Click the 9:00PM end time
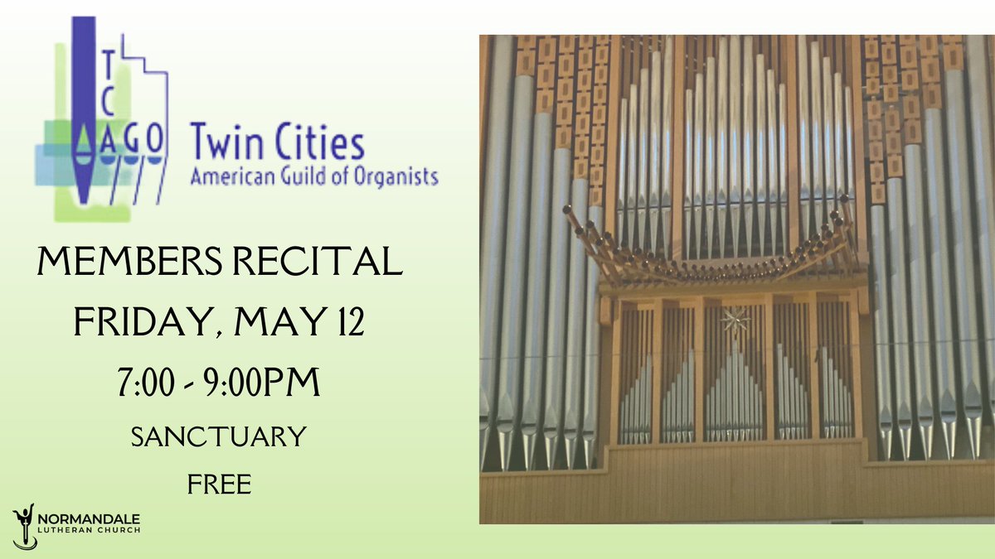click(262, 383)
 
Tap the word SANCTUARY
click(218, 436)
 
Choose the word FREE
click(219, 483)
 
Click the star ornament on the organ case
click(733, 319)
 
